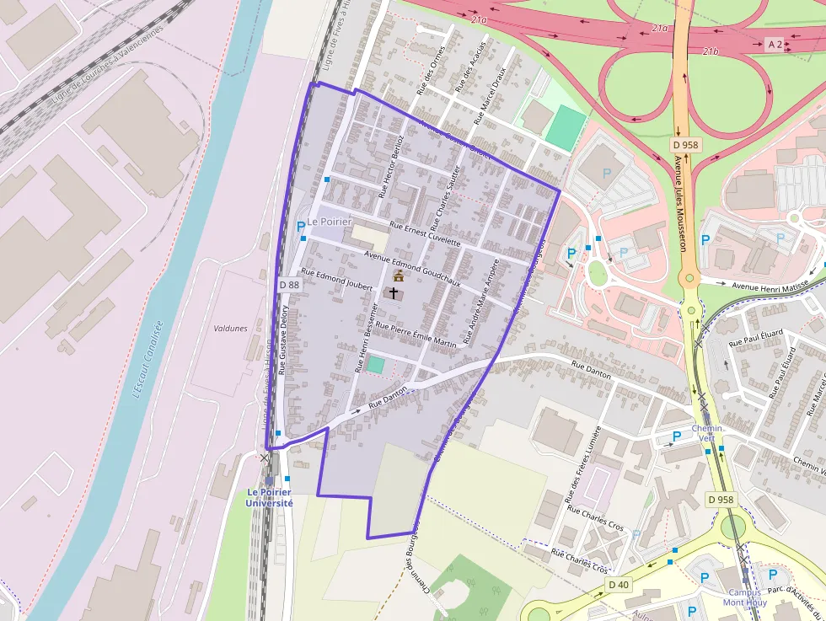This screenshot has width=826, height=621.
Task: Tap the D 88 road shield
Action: pyautogui.click(x=288, y=285)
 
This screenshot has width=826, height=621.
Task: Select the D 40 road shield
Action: pyautogui.click(x=618, y=585)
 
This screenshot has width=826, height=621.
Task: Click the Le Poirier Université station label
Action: pyautogui.click(x=270, y=497)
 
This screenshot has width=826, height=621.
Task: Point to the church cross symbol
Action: pyautogui.click(x=394, y=292)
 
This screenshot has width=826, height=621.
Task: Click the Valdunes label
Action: pyautogui.click(x=230, y=329)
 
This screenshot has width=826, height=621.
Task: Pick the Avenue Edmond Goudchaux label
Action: pyautogui.click(x=412, y=268)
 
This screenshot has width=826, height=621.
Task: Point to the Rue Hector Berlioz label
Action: pyautogui.click(x=393, y=167)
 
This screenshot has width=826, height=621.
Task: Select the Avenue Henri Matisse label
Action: pyautogui.click(x=769, y=286)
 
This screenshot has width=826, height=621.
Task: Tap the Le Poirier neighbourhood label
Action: pyautogui.click(x=329, y=222)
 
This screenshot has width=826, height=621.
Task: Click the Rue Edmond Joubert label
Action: pyautogui.click(x=336, y=281)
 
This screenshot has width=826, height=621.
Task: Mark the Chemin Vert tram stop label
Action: pyautogui.click(x=707, y=433)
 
